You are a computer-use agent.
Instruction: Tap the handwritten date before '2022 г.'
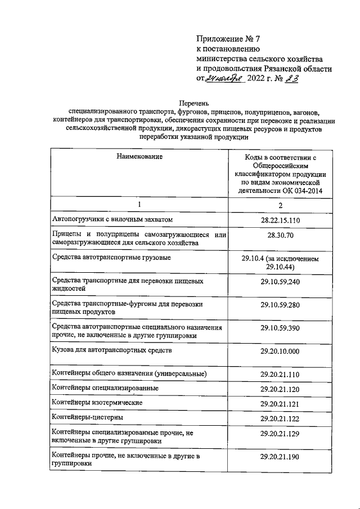coord(225,79)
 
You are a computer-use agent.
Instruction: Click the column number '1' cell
coord(139,205)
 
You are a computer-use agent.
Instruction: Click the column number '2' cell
coord(280,206)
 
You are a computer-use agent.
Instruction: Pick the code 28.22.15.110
coord(280,219)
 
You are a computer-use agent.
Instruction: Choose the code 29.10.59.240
coord(280,281)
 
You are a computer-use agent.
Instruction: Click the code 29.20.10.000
coord(280,350)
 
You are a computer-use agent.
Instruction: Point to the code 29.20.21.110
coord(280,374)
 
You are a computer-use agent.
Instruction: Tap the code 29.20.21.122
coord(280,418)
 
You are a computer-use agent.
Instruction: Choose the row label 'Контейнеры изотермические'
coord(97,403)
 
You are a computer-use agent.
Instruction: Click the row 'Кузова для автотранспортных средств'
coord(112,350)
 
